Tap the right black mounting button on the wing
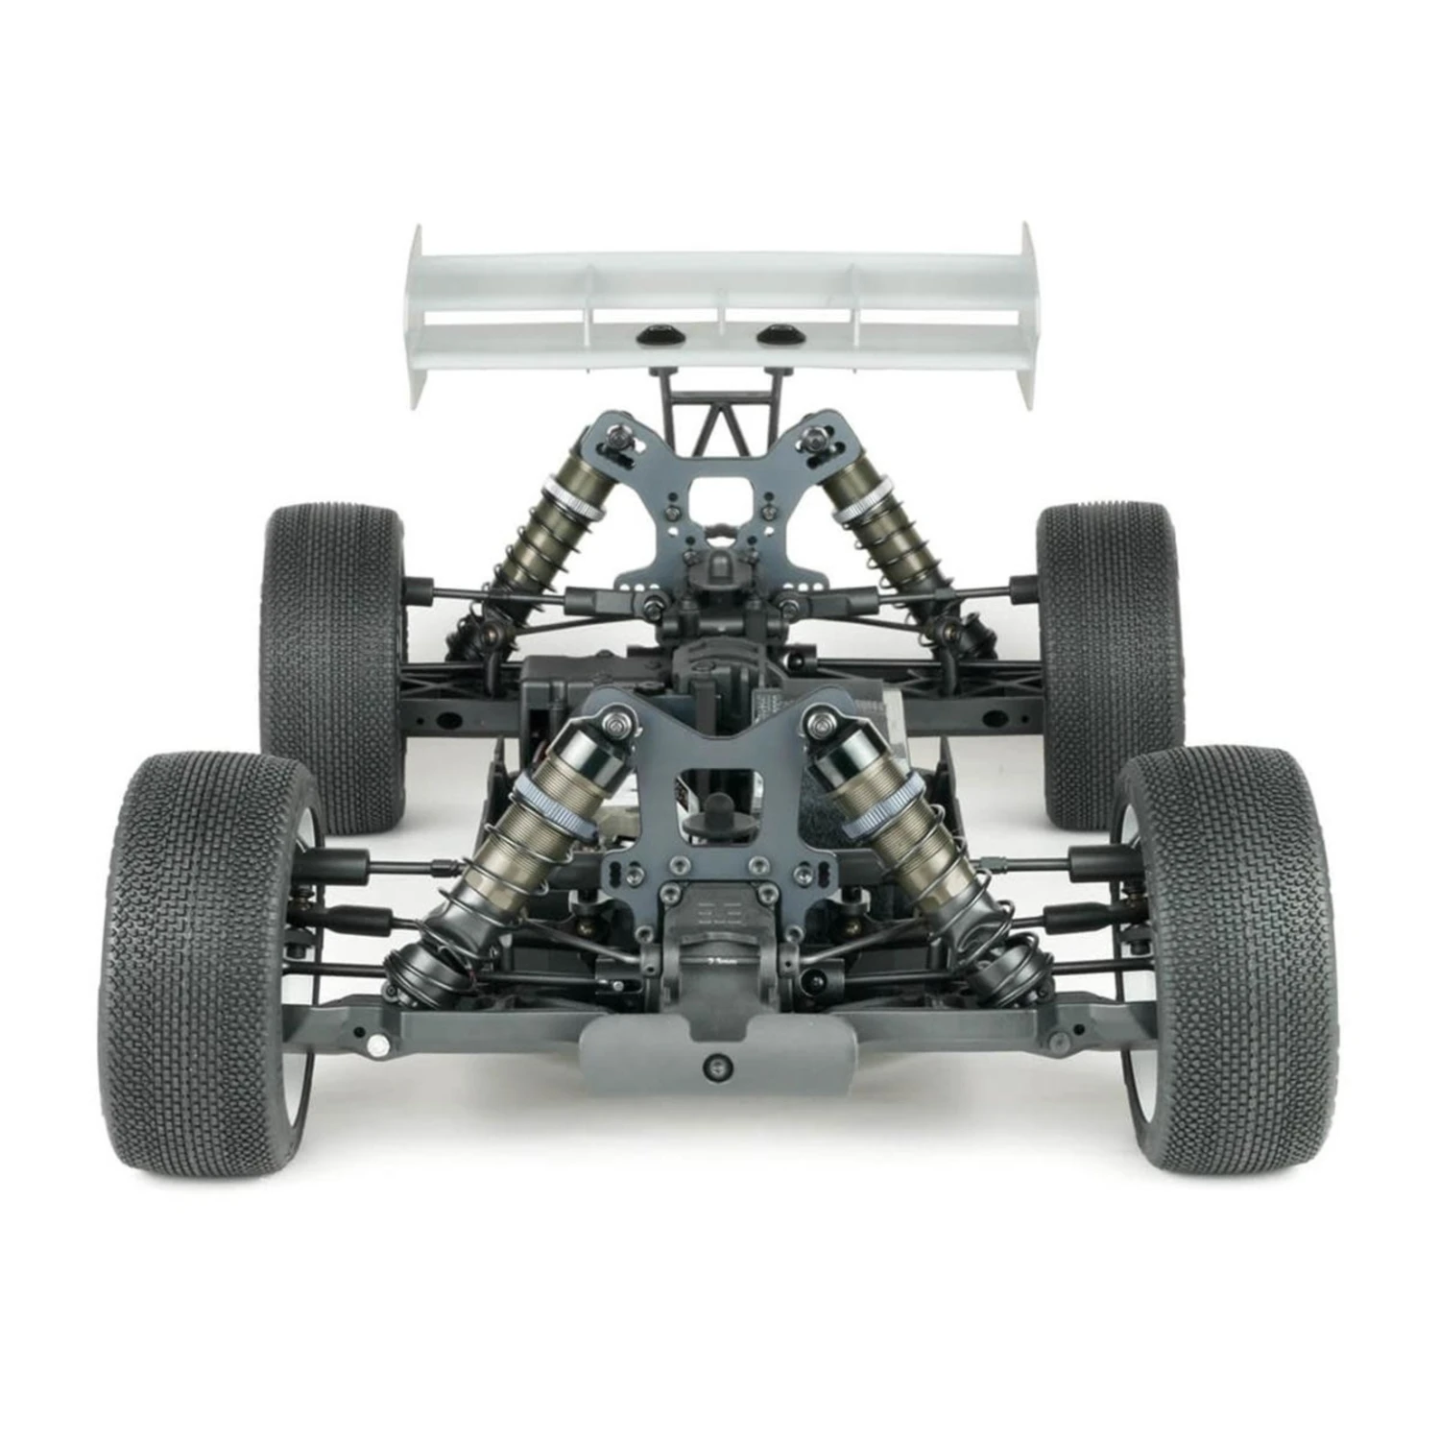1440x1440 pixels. pyautogui.click(x=776, y=335)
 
